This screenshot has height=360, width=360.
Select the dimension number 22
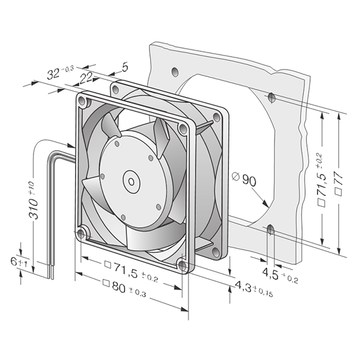click(85, 78)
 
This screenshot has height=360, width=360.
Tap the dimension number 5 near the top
click(124, 67)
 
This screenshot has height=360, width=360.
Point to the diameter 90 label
click(244, 178)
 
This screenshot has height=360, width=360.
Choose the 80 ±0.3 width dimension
click(124, 287)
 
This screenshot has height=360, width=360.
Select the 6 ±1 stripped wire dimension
click(19, 262)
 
